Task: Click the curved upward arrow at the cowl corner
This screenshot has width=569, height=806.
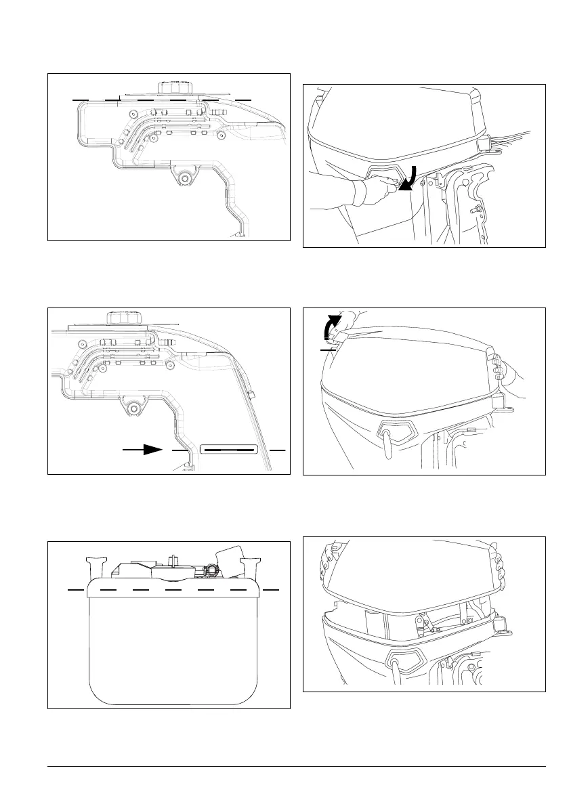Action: (330, 328)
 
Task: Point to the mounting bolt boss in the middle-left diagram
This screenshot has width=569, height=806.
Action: (133, 408)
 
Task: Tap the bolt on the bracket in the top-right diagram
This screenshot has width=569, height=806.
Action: (473, 211)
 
